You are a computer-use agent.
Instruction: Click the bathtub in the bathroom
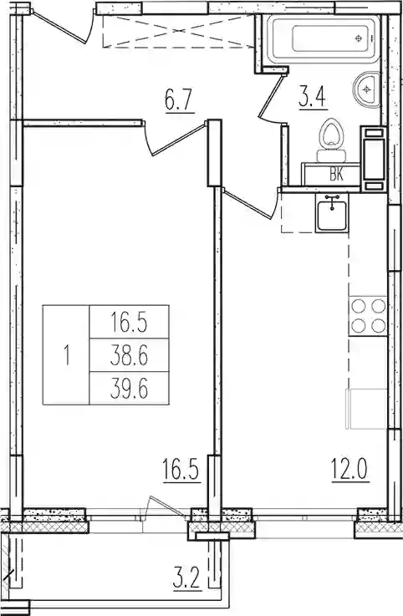324,38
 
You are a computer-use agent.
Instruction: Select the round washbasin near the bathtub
366,89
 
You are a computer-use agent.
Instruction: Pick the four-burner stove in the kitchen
368,316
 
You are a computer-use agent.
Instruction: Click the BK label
337,175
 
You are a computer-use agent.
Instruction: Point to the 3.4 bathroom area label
312,98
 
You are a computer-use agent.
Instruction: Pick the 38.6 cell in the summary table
130,356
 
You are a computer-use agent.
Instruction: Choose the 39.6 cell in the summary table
130,389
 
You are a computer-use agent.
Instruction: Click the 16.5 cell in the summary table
130,323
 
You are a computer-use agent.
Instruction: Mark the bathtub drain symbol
358,38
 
